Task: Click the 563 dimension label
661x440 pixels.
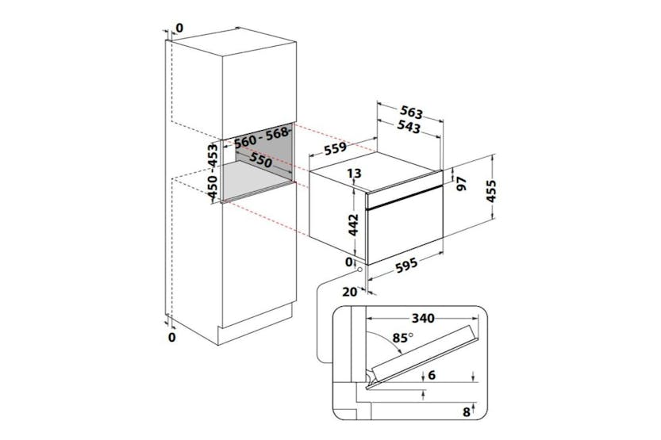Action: [411, 112]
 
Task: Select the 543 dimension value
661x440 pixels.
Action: [409, 127]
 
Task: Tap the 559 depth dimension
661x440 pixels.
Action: [335, 148]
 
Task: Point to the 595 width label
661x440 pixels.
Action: [407, 265]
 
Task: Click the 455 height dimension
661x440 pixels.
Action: [491, 191]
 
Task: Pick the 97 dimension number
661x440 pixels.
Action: [462, 184]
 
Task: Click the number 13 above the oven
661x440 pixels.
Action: [354, 173]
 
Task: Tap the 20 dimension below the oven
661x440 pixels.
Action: [349, 292]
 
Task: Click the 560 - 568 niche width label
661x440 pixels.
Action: [261, 137]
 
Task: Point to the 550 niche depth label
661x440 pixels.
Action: [260, 159]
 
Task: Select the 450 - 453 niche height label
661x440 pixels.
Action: [213, 171]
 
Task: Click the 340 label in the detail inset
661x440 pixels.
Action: [423, 318]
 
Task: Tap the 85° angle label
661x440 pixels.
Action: [402, 338]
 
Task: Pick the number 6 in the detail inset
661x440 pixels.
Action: [431, 375]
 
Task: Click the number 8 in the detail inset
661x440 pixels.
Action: [467, 411]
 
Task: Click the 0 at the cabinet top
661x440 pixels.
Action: [179, 29]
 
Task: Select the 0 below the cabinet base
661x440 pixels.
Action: [171, 337]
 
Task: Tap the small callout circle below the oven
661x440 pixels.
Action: [360, 270]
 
